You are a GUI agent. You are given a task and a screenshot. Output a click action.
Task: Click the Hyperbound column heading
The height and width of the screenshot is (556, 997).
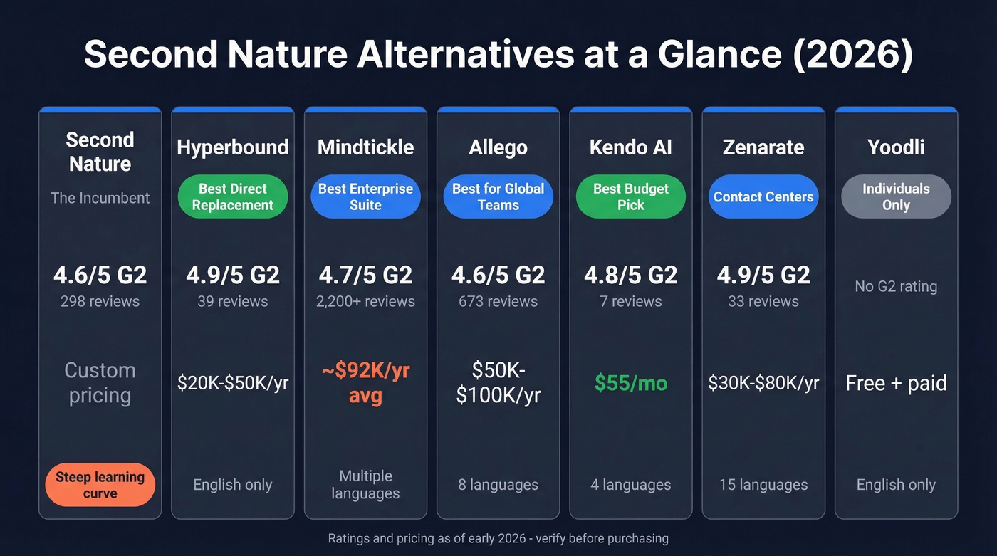(232, 147)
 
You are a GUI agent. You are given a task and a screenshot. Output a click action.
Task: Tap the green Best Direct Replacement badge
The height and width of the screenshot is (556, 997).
(232, 197)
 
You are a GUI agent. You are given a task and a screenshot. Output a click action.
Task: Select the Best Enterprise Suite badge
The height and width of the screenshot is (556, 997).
(365, 197)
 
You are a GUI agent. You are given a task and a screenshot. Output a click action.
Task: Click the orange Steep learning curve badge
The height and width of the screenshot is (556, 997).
(100, 485)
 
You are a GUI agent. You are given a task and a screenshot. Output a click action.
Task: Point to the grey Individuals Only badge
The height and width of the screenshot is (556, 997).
(896, 197)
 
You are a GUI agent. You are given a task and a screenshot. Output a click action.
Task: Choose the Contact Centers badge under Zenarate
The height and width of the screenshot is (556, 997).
(763, 197)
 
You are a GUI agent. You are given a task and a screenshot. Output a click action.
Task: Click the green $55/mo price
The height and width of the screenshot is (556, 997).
(631, 384)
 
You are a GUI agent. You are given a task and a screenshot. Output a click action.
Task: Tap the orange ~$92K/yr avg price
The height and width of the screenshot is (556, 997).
(365, 383)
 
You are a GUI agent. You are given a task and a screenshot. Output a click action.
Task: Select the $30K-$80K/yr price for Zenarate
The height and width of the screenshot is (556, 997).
(763, 384)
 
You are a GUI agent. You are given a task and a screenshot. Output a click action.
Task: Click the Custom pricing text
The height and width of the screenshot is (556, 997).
(100, 383)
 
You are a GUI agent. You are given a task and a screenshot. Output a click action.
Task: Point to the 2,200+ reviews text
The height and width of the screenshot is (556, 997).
(365, 301)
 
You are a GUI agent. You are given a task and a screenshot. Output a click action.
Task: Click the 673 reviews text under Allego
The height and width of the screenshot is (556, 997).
(498, 301)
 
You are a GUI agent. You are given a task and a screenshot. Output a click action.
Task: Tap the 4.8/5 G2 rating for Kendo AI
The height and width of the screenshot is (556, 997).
(631, 275)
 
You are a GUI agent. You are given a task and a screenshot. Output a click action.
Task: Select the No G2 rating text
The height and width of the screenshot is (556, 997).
(896, 287)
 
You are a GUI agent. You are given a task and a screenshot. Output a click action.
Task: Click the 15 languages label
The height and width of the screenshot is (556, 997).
(763, 485)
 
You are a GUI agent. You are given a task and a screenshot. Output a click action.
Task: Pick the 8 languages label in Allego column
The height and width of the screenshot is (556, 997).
(498, 485)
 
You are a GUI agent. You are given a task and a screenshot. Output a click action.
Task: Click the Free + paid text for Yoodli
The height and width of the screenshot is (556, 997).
(896, 384)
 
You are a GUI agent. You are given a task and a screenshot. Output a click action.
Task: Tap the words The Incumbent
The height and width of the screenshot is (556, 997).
(100, 198)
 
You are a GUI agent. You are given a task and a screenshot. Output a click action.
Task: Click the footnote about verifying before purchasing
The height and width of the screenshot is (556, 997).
(498, 539)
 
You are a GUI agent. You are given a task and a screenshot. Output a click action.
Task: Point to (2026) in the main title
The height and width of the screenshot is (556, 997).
(852, 56)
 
